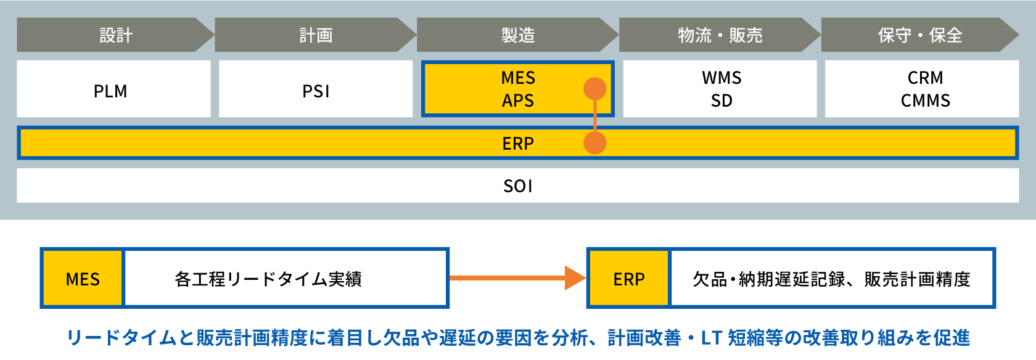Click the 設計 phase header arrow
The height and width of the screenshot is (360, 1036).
click(x=115, y=35)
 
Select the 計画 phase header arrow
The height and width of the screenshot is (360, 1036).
click(x=316, y=35)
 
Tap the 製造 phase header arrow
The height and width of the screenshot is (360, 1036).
click(x=518, y=35)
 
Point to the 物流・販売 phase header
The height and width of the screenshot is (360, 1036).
click(x=720, y=35)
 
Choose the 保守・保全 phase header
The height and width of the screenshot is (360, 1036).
click(x=919, y=35)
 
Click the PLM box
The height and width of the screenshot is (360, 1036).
click(x=111, y=91)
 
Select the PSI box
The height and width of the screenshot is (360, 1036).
click(x=316, y=91)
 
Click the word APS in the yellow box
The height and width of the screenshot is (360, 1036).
click(x=518, y=100)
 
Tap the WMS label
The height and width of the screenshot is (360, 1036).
click(x=721, y=78)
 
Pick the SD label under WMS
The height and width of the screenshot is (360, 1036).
click(x=721, y=100)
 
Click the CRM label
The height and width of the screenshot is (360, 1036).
click(x=925, y=78)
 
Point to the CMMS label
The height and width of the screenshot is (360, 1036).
click(x=925, y=100)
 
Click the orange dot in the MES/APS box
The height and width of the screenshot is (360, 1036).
click(x=595, y=89)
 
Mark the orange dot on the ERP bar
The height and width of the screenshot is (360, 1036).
click(x=595, y=143)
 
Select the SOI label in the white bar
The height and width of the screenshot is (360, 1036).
click(x=518, y=186)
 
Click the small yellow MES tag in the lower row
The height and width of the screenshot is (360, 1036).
click(x=83, y=279)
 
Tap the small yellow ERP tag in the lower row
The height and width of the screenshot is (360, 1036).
click(x=629, y=279)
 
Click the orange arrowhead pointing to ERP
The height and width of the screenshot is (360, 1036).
click(x=575, y=278)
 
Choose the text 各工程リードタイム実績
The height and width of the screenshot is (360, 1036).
click(x=268, y=279)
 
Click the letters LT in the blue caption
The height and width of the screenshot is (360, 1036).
click(x=711, y=338)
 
